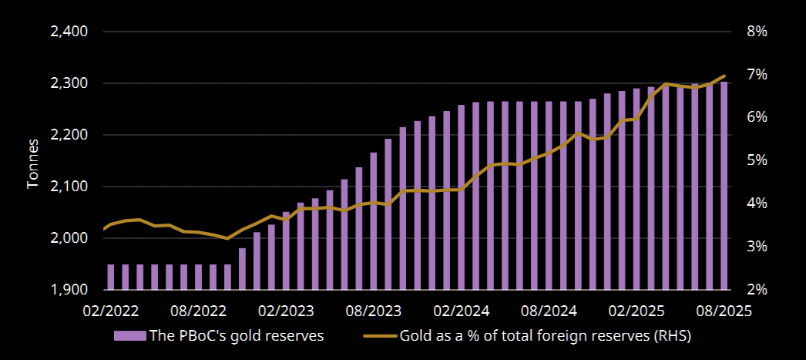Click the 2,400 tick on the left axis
point(69,32)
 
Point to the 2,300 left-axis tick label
point(69,83)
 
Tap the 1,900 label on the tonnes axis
point(69,290)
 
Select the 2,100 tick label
point(69,187)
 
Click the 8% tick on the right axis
point(757,32)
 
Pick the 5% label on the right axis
point(757,160)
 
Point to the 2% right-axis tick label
point(757,290)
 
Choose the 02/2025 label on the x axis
point(636,310)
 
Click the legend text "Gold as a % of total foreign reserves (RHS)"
point(545,336)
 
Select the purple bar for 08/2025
point(724,185)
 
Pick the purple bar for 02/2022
point(111,277)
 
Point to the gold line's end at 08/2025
point(724,76)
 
